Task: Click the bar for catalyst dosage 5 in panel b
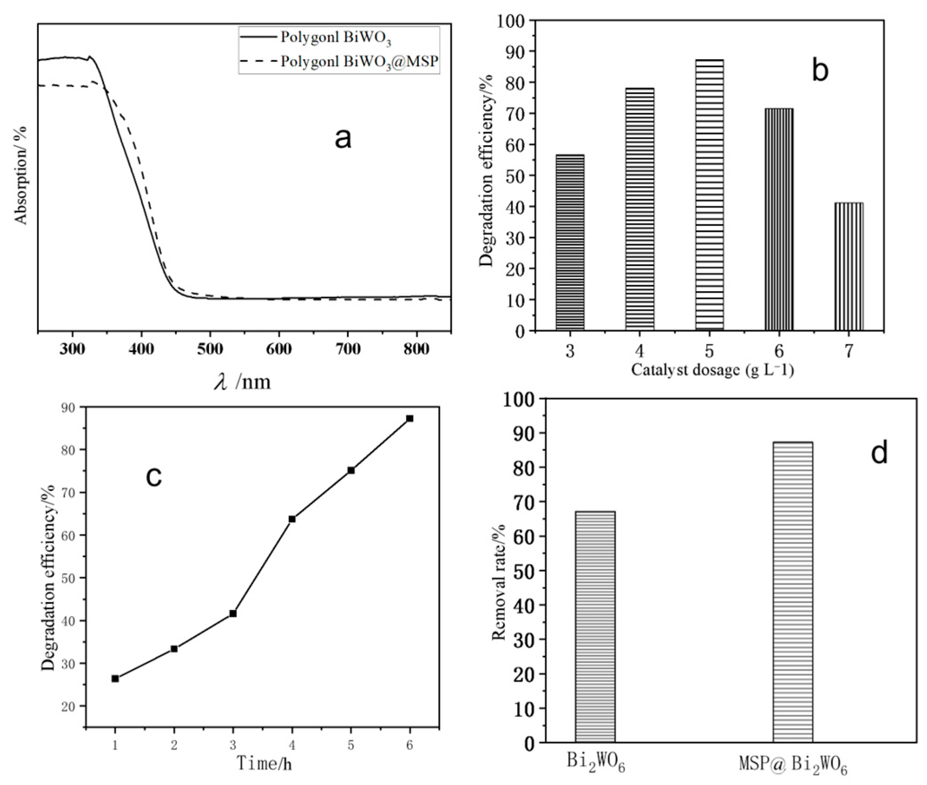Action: (x=709, y=195)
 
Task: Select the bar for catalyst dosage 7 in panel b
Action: (x=849, y=267)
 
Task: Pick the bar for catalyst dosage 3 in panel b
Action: (x=570, y=243)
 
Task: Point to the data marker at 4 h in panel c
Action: (x=292, y=519)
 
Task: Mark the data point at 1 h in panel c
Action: (x=115, y=678)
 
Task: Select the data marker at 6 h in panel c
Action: (x=409, y=418)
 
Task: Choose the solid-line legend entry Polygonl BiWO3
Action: (x=316, y=38)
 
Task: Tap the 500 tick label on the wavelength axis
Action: (x=210, y=348)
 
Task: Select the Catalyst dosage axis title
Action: (x=712, y=370)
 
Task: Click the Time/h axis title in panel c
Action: (x=264, y=763)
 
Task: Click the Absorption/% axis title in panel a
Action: (x=21, y=175)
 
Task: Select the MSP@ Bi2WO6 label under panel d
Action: (x=793, y=763)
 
